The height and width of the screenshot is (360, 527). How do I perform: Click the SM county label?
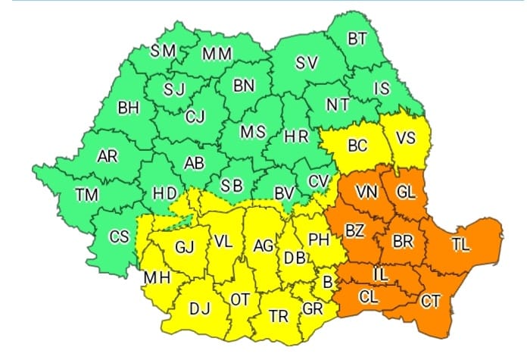[x=164, y=51]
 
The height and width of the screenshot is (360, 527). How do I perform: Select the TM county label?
[x=87, y=195]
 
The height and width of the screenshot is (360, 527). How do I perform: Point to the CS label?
[x=120, y=236]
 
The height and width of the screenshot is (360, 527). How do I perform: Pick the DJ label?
[x=200, y=308]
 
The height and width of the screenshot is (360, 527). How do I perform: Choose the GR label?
[x=312, y=308]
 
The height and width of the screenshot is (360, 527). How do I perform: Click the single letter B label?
[x=327, y=281]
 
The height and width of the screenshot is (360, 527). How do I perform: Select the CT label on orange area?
[x=430, y=302]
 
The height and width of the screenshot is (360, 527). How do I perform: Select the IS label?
[x=381, y=89]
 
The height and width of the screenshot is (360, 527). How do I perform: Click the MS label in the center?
[x=253, y=132]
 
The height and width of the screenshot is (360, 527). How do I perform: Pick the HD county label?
[x=165, y=194]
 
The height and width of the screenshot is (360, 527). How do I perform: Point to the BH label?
[x=129, y=108]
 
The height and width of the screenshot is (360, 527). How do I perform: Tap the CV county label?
[x=318, y=181]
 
